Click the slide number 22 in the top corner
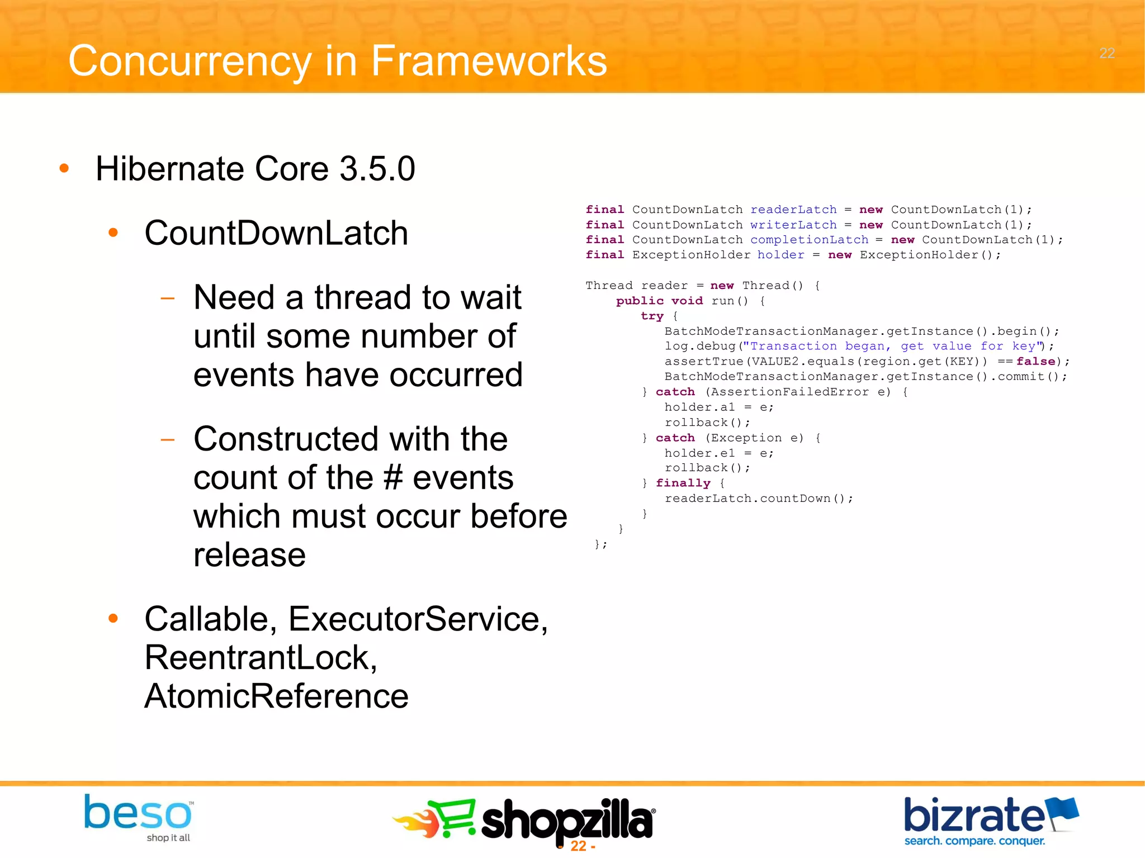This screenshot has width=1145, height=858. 1106,53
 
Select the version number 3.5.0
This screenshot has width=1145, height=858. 377,169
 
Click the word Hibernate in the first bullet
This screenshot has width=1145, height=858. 170,169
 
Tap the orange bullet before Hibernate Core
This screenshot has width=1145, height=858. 64,168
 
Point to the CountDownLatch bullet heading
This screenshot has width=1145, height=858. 276,233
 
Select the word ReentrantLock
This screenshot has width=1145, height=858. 261,658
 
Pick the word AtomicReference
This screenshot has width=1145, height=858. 276,696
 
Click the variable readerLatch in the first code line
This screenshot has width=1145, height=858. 793,210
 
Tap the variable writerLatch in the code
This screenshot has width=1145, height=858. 793,225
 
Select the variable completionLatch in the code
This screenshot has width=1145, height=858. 808,240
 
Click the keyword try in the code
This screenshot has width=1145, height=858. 652,316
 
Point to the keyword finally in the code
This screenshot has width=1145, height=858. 683,483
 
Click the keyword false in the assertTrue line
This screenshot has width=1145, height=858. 1035,362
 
